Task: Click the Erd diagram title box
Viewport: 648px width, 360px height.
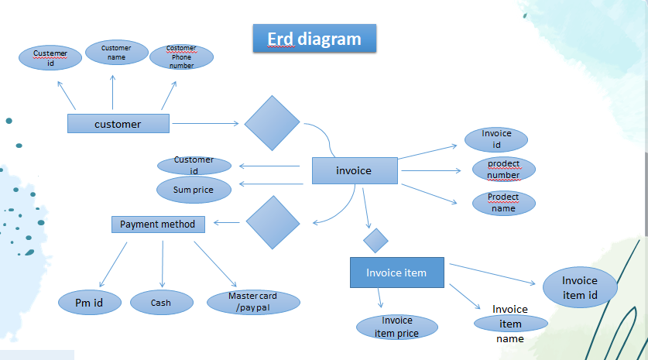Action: coord(314,39)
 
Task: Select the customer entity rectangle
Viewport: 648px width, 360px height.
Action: coord(118,124)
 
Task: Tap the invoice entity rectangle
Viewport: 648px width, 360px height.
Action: coord(354,170)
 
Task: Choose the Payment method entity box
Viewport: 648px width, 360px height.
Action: coord(158,225)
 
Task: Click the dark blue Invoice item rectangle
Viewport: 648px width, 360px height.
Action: coord(396,273)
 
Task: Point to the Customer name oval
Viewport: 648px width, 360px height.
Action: coord(116,53)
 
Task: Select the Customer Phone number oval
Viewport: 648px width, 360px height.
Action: coord(181,57)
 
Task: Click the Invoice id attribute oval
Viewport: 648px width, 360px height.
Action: coord(496,139)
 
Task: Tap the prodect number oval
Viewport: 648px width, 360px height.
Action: coord(503,170)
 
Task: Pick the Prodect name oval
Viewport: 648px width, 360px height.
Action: coord(503,203)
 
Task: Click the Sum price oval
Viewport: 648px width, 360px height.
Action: coord(194,190)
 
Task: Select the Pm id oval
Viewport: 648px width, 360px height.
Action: coord(89,303)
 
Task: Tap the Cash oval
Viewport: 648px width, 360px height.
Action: coord(161,303)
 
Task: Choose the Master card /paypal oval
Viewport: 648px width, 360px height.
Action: coord(252,303)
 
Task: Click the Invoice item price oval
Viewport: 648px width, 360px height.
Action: coord(396,327)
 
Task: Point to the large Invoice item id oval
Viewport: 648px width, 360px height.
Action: coord(580,287)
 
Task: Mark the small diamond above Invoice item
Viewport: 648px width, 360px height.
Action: coord(375,240)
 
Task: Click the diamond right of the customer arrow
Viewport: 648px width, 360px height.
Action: coord(272,123)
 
